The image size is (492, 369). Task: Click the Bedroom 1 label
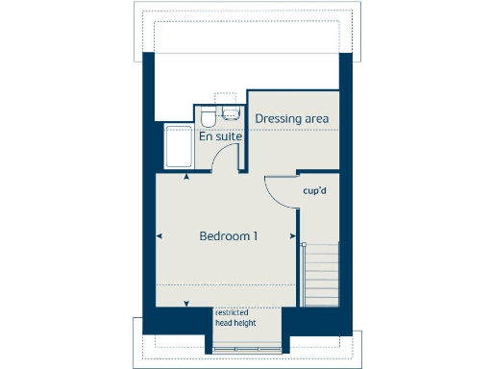(228, 236)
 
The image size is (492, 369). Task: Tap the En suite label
(219, 137)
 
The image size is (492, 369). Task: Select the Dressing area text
(292, 118)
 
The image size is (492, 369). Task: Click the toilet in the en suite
(208, 118)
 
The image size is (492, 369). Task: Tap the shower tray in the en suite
(178, 147)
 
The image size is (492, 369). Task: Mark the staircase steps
(321, 274)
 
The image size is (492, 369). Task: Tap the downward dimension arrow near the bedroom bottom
(185, 306)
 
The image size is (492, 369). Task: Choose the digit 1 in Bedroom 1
(255, 236)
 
